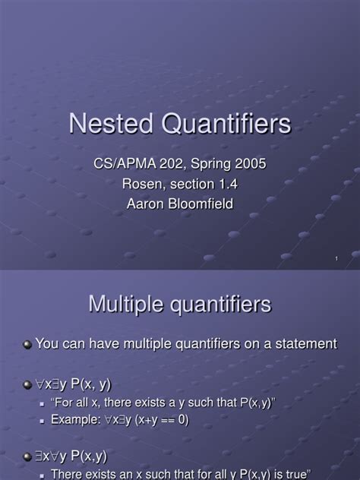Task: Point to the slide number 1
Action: tap(335, 260)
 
